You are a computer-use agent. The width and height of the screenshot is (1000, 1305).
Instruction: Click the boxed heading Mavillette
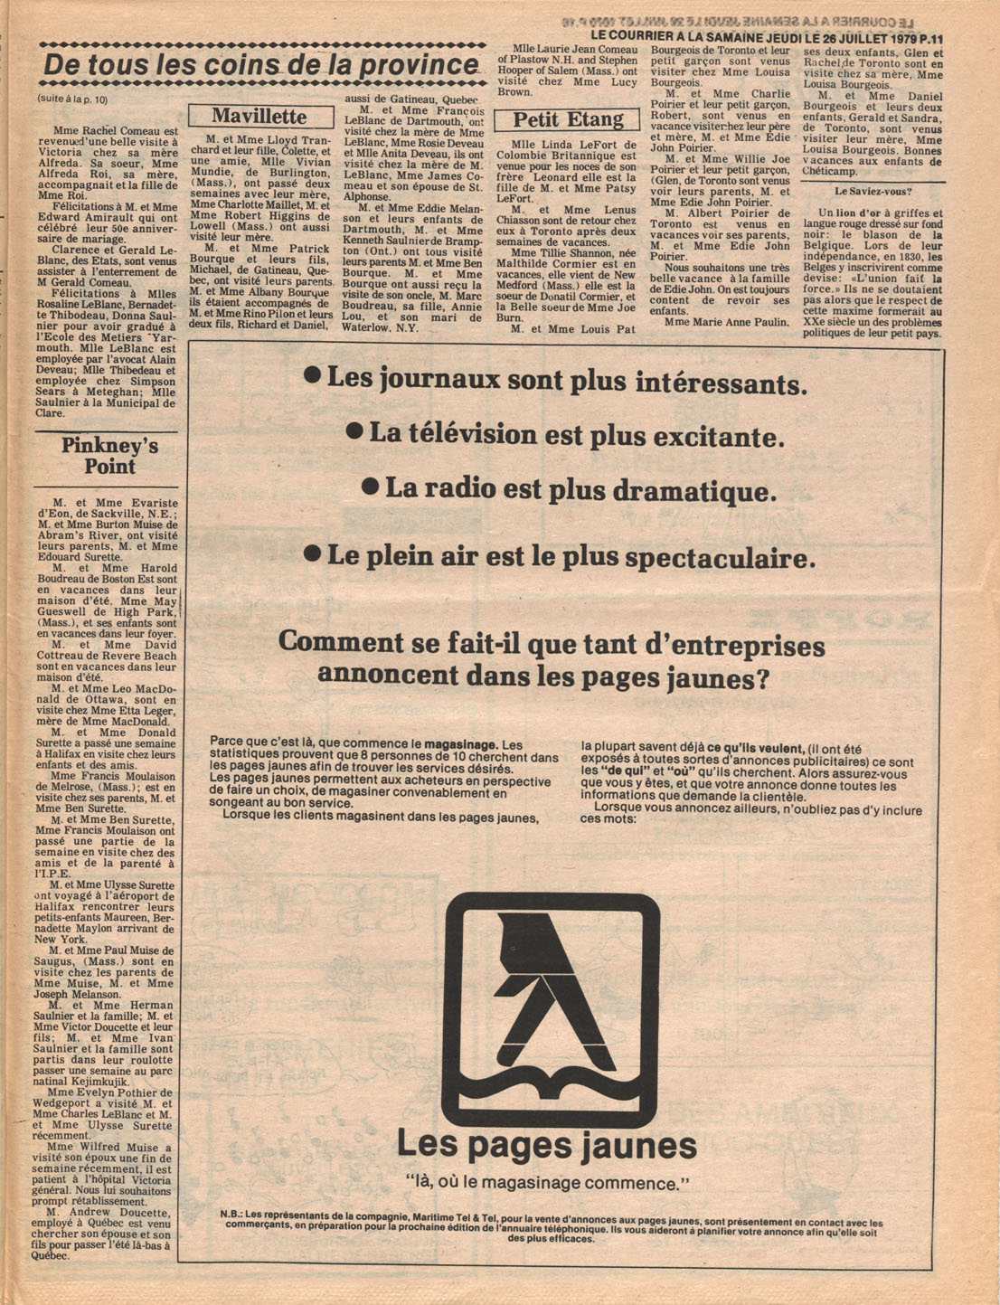259,117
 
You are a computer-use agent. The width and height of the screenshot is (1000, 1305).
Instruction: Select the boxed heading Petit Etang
569,120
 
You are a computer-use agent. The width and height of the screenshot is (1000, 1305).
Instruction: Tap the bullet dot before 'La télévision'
355,432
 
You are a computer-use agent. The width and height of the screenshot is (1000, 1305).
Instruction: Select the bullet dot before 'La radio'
370,487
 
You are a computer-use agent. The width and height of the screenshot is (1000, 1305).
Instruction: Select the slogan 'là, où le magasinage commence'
548,1182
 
